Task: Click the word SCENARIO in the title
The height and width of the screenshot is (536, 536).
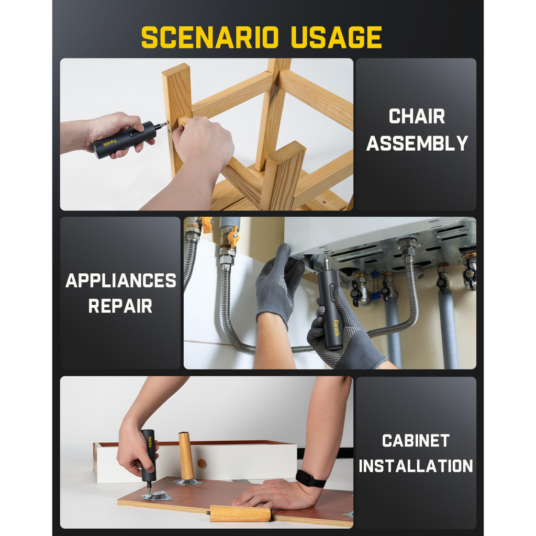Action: point(210,37)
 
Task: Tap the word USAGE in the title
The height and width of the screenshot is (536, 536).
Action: point(337,37)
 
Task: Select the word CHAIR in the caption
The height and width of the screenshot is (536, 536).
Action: point(417,117)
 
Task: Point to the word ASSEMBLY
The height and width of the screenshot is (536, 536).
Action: point(417,143)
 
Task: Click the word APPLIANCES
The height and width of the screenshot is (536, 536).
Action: point(121,281)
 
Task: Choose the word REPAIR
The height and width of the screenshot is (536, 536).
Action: point(120,306)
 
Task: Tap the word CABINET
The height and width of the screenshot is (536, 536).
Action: point(416,441)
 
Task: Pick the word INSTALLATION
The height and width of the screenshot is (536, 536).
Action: point(416,466)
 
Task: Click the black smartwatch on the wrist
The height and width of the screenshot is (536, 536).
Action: point(310,478)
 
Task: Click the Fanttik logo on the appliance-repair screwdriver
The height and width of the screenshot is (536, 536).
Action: point(336,328)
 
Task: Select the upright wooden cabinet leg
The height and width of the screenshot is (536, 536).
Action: point(186,456)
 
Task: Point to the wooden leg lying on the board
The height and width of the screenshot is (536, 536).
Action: point(240,513)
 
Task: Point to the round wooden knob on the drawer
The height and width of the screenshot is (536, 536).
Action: point(202,464)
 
